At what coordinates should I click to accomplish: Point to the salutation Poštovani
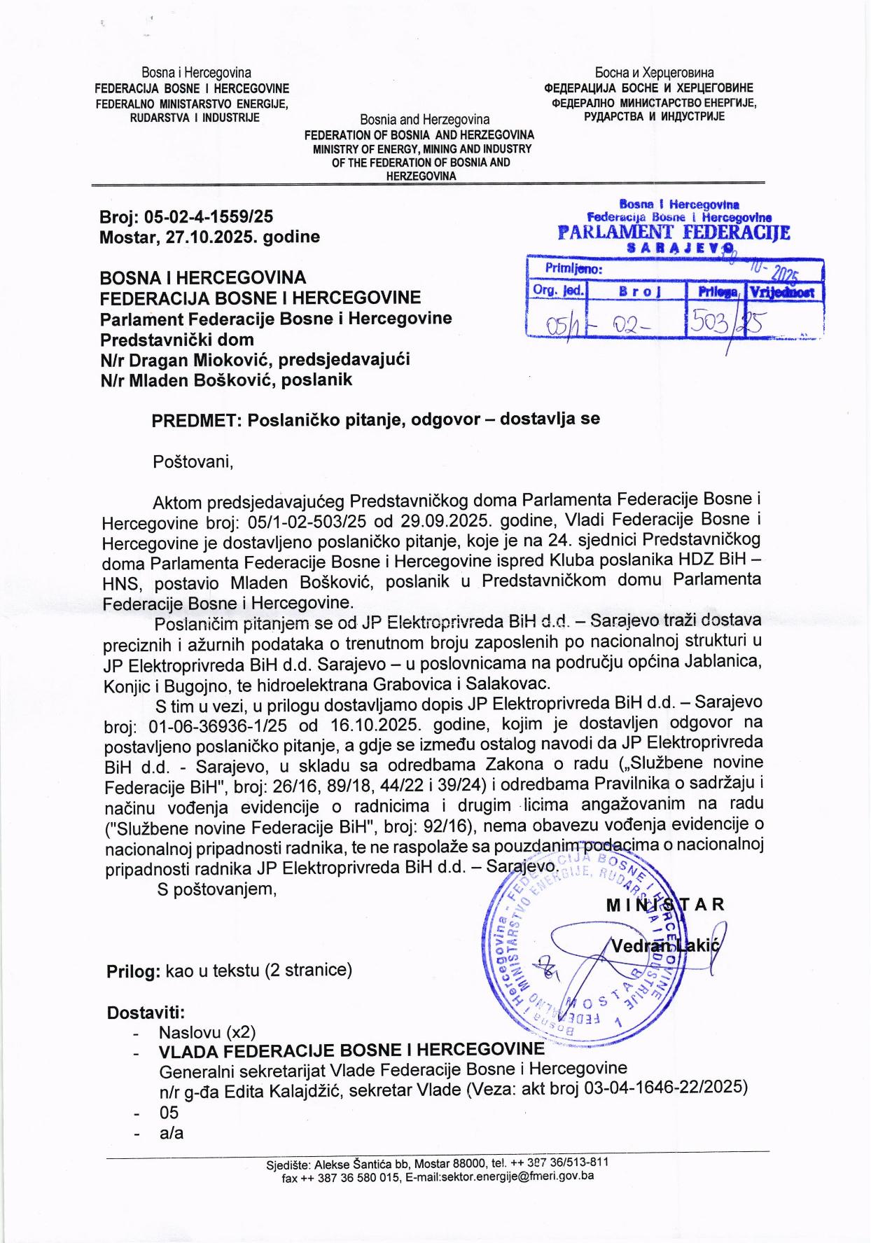pos(193,462)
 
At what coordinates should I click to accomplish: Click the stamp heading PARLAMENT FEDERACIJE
pos(674,232)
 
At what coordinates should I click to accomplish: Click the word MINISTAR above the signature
pos(664,904)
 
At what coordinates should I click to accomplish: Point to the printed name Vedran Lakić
pos(664,946)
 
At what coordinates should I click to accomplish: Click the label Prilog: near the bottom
pos(133,971)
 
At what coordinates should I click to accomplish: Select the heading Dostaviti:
pos(145,1012)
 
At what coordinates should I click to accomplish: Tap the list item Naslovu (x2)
pos(207,1032)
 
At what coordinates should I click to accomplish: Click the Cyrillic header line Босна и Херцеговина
pos(654,73)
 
